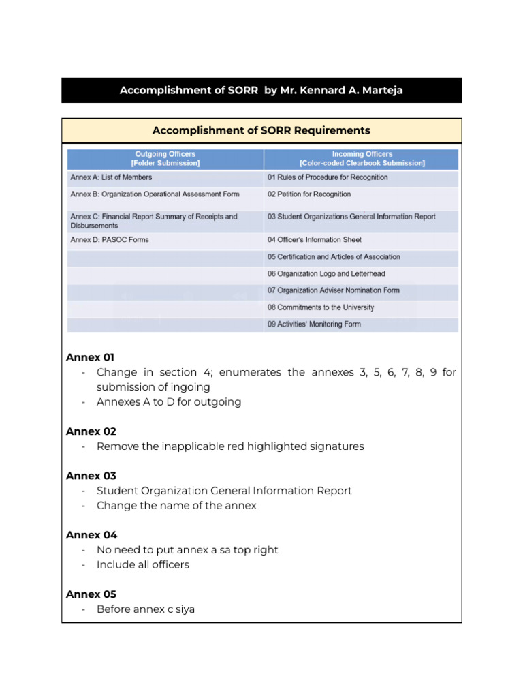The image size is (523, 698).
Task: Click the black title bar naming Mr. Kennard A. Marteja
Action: click(261, 90)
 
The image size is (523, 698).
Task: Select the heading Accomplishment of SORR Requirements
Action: click(261, 130)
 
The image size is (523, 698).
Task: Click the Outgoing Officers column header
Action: click(165, 159)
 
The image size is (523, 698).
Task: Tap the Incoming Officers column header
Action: click(362, 159)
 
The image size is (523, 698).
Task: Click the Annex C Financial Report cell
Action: click(154, 221)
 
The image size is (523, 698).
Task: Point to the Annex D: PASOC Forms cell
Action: click(110, 240)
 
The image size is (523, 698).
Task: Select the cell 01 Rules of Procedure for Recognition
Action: click(328, 177)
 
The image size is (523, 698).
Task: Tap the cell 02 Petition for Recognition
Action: click(309, 194)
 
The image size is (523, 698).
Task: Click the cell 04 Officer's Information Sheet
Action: click(315, 240)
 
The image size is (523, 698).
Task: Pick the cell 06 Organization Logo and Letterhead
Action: click(326, 274)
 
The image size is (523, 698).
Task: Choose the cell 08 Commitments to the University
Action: click(321, 307)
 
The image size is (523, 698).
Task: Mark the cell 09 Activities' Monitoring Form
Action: click(314, 324)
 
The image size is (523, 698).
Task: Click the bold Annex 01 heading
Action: click(91, 357)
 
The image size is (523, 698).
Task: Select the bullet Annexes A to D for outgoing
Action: click(169, 402)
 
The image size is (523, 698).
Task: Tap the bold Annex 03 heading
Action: click(91, 476)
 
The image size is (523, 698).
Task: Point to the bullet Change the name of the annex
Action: click(176, 506)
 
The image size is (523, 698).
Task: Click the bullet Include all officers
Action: click(143, 565)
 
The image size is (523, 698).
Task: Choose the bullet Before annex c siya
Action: click(146, 609)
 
